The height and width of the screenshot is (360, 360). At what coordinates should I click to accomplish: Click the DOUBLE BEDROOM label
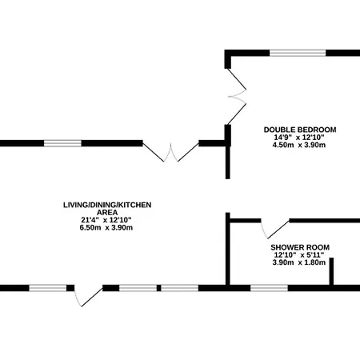(300, 130)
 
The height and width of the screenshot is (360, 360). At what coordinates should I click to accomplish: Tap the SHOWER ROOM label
(300, 247)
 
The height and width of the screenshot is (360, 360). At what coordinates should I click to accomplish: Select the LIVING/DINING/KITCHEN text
(107, 205)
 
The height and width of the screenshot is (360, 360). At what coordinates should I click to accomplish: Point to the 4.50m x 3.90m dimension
(300, 145)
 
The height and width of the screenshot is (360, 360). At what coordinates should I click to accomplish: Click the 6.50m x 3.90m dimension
(106, 228)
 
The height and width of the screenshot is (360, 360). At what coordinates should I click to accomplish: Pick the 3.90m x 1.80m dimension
(299, 262)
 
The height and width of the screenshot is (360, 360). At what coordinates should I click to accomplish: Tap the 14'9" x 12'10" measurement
(299, 138)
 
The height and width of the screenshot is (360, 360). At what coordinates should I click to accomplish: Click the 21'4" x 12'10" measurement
(106, 220)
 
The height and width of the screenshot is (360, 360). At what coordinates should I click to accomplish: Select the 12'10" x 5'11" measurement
(299, 255)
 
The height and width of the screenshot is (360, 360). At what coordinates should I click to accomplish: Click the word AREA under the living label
(107, 213)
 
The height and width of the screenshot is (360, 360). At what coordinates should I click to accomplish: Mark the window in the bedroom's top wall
(298, 53)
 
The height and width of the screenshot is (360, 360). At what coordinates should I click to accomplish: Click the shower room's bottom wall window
(269, 288)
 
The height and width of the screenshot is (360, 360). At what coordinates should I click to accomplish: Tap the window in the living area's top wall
(62, 143)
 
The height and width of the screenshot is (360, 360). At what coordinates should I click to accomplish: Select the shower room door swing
(274, 229)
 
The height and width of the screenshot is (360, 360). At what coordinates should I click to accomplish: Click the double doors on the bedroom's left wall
(237, 97)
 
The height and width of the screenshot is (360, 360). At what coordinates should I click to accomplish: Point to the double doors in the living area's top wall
(170, 153)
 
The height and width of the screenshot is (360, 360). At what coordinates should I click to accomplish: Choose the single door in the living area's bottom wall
(88, 297)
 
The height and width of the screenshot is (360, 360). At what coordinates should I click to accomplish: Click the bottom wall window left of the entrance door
(48, 288)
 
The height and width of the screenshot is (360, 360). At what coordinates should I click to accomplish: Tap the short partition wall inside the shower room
(331, 271)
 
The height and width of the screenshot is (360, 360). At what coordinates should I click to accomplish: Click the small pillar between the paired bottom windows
(158, 288)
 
